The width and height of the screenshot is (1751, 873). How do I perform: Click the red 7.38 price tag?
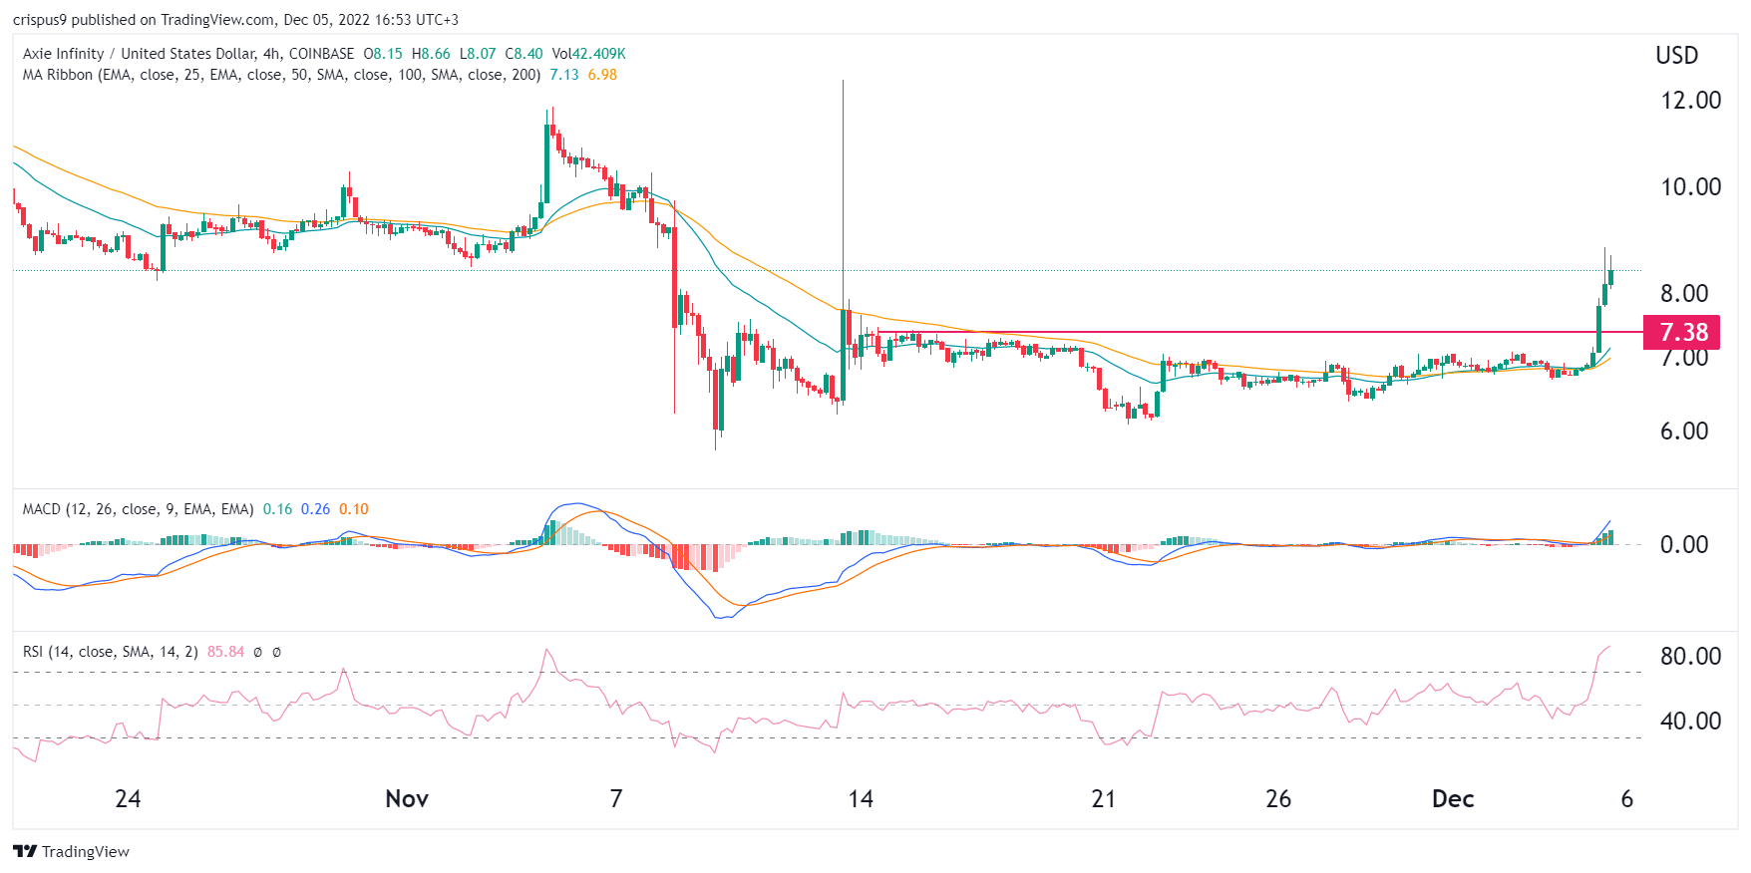(x=1682, y=332)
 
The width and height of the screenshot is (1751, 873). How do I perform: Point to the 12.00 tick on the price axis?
(x=1690, y=101)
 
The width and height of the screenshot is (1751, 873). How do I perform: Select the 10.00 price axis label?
(x=1690, y=187)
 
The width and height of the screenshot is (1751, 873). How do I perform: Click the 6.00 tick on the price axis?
(x=1684, y=432)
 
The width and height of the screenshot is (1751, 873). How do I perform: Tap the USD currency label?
(x=1676, y=56)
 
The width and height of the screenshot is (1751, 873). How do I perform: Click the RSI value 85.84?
(x=225, y=652)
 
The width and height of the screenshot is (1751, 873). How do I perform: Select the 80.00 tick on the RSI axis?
(x=1690, y=657)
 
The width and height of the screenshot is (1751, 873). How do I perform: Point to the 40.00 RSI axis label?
(x=1690, y=722)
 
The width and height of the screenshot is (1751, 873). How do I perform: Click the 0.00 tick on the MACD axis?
(x=1684, y=545)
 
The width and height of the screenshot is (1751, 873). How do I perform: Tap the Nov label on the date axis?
(x=407, y=799)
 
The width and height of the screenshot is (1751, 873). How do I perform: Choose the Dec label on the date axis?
(x=1453, y=799)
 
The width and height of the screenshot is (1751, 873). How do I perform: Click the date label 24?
(x=128, y=799)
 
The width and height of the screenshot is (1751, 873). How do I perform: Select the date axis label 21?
(x=1103, y=799)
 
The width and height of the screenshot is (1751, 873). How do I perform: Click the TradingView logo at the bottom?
(x=72, y=851)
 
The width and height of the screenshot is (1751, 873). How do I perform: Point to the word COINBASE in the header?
(x=321, y=54)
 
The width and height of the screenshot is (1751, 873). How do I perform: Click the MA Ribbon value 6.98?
(x=602, y=75)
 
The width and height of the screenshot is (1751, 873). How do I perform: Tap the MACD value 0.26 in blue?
(x=315, y=509)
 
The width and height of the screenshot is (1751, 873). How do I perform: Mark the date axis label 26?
(x=1278, y=799)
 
